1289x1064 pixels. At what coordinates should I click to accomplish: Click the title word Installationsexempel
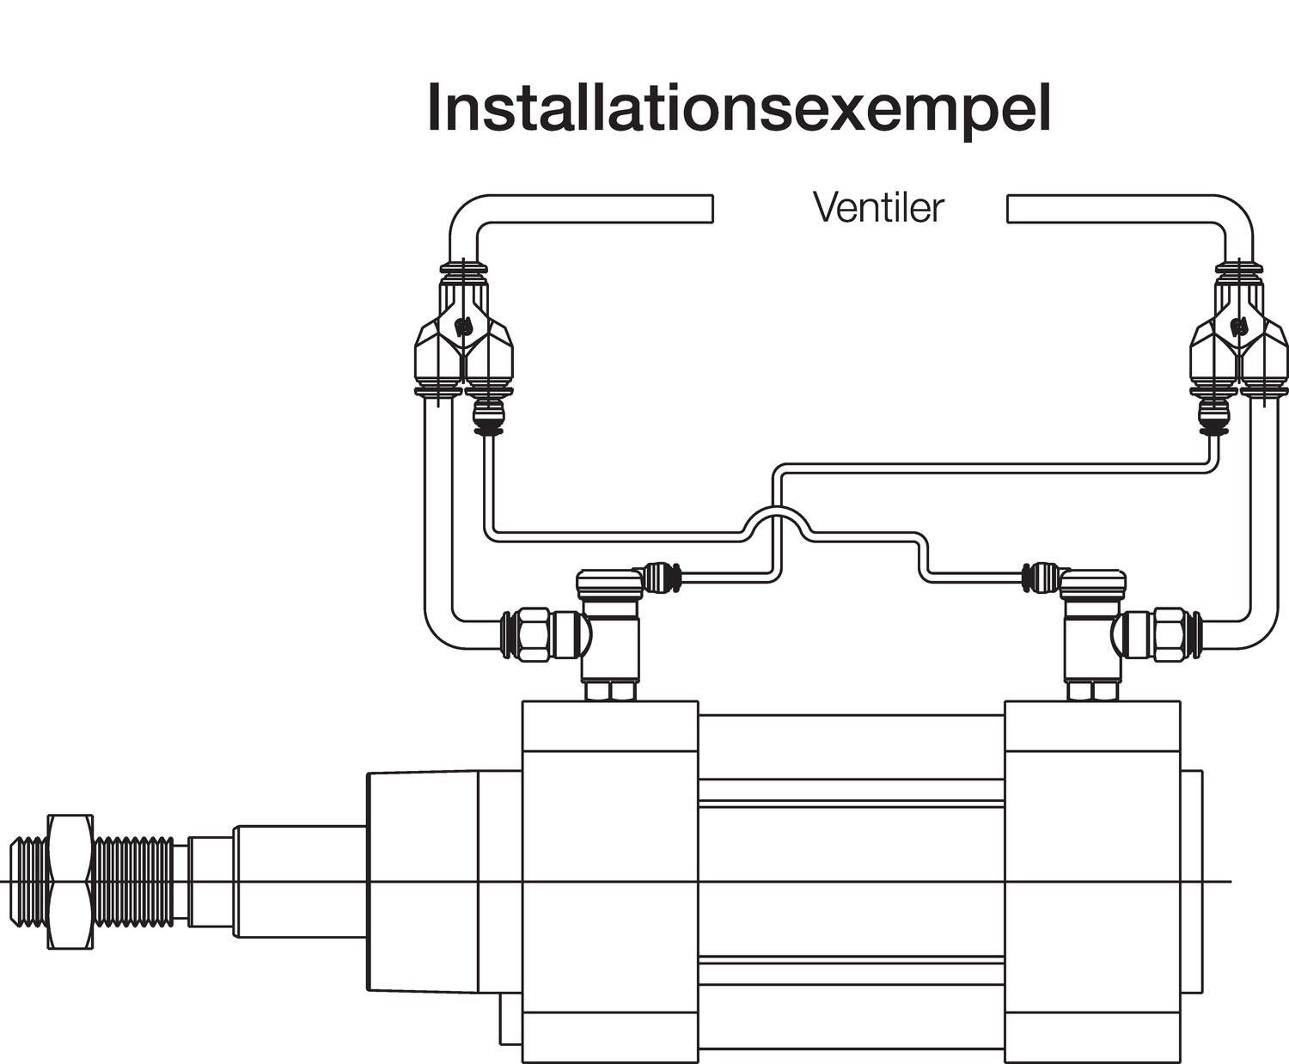click(x=738, y=107)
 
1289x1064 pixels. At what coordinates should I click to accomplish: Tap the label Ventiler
click(x=877, y=207)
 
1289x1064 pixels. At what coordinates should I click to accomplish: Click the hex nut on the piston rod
click(x=70, y=881)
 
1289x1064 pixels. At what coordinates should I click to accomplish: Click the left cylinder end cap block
click(x=610, y=881)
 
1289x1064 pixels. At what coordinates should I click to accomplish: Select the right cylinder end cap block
click(x=1091, y=881)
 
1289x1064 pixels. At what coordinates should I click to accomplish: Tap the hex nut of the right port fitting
click(x=1169, y=634)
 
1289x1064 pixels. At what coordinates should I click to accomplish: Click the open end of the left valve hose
click(x=709, y=208)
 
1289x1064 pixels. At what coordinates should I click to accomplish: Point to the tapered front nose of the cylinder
click(x=421, y=881)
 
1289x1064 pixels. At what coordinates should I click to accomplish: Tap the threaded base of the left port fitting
click(x=609, y=690)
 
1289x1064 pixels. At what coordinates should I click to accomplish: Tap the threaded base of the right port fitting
click(x=1092, y=690)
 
